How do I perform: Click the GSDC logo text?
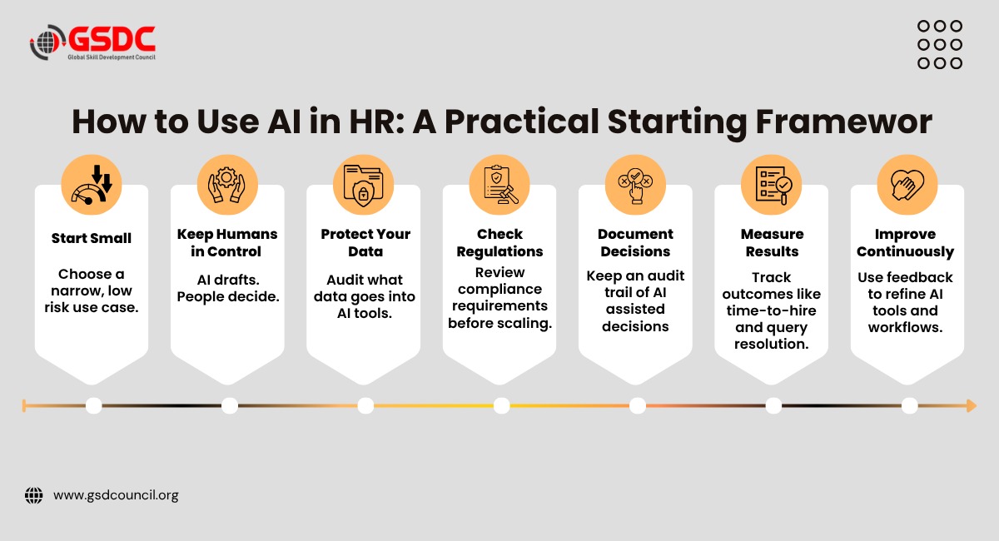tap(112, 38)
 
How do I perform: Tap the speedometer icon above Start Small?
tap(92, 185)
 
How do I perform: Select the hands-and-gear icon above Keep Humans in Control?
tap(227, 185)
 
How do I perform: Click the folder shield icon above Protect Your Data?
tap(363, 186)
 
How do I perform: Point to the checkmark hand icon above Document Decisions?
tap(635, 186)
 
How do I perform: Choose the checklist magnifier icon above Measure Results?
tap(773, 185)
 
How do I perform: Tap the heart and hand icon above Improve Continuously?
tap(907, 185)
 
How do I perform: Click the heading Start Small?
tap(92, 238)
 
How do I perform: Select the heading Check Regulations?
tap(499, 243)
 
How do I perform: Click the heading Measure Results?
tap(772, 243)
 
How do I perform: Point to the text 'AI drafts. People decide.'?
tap(228, 288)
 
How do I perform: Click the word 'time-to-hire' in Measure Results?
tap(771, 310)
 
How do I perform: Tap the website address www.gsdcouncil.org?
tap(116, 495)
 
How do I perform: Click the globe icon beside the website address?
tap(34, 495)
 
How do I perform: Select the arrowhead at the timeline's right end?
tap(972, 406)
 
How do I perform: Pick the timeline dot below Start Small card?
tap(93, 406)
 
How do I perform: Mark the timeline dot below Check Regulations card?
tap(502, 406)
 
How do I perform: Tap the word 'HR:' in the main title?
tap(376, 122)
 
